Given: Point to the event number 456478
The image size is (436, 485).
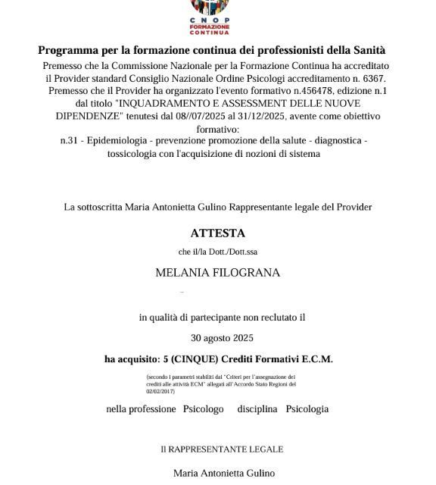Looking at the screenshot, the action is tap(313, 90).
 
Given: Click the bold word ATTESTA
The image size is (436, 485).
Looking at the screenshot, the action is tap(218, 233).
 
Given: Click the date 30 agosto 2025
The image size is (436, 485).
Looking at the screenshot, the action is tap(222, 338).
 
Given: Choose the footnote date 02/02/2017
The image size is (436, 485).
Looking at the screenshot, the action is tap(160, 391).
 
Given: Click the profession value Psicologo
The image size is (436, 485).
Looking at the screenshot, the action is tap(204, 409).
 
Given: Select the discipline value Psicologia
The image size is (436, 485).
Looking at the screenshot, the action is tap(307, 409).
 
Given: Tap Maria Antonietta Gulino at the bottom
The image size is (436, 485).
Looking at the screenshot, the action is tap(224, 474).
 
